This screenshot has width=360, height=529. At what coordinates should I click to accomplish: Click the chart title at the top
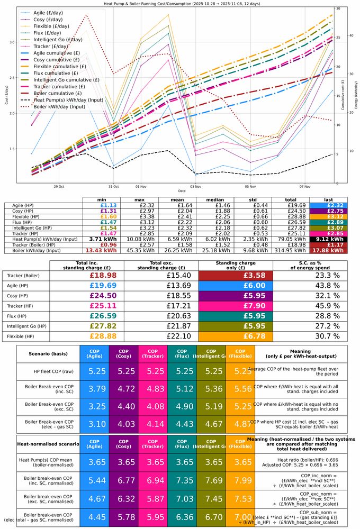tap(180, 4)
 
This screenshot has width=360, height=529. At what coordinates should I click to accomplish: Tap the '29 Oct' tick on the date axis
tap(59, 186)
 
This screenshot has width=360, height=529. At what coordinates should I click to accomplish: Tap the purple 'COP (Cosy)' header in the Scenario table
tap(123, 354)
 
